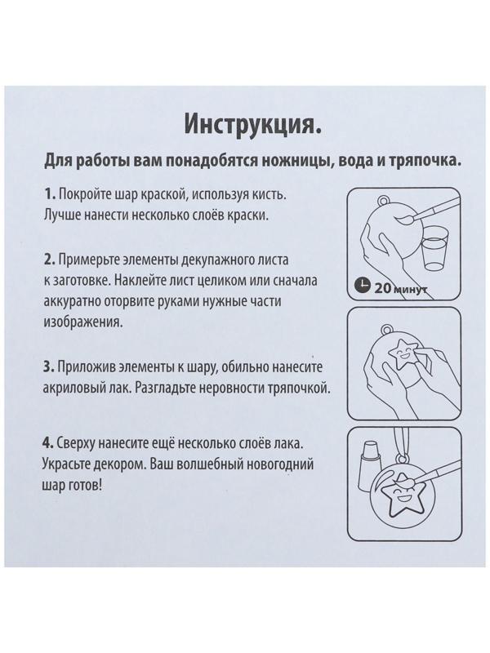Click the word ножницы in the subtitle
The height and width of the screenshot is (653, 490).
(278, 160)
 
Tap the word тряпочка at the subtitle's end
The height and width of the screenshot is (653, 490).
(417, 160)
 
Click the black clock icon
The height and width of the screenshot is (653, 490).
(363, 286)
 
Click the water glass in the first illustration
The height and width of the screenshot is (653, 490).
(435, 250)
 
